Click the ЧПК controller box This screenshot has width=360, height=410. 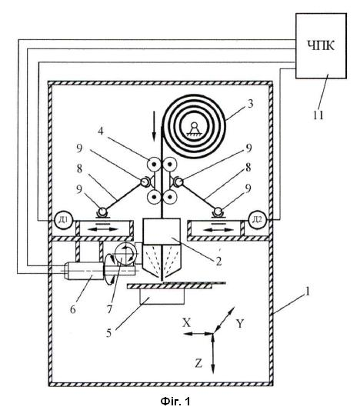pyautogui.click(x=321, y=46)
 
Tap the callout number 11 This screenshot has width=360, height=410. pyautogui.click(x=318, y=115)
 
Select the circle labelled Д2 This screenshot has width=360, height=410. pyautogui.click(x=257, y=220)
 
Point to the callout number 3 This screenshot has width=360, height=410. pyautogui.click(x=251, y=104)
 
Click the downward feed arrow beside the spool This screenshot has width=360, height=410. pyautogui.click(x=155, y=125)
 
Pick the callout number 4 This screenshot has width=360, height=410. pyautogui.click(x=101, y=131)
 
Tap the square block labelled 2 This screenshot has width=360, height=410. pyautogui.click(x=162, y=231)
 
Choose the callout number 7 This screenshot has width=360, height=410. pyautogui.click(x=109, y=309)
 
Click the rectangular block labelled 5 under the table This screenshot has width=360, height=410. pyautogui.click(x=162, y=297)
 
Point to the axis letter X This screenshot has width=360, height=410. pyautogui.click(x=186, y=323)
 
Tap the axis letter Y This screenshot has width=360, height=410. pyautogui.click(x=240, y=324)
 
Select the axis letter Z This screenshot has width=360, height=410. pyautogui.click(x=198, y=363)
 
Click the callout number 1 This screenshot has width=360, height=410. pyautogui.click(x=308, y=292)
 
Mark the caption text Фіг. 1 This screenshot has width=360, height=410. pyautogui.click(x=175, y=401)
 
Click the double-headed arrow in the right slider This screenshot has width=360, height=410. pyautogui.click(x=218, y=230)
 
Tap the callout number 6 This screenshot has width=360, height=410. pyautogui.click(x=73, y=309)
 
